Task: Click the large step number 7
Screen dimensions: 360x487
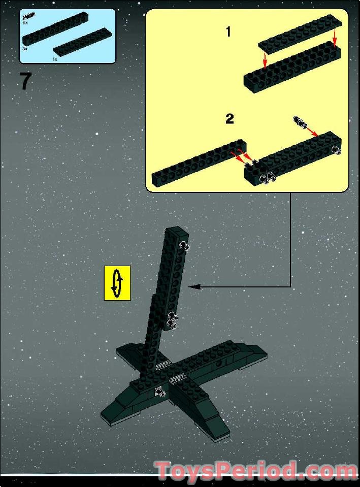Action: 26,81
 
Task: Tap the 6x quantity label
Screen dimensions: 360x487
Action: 25,23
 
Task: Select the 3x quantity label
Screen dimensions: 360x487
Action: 25,49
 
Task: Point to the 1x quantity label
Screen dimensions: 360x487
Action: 55,59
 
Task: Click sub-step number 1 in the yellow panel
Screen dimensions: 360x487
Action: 228,31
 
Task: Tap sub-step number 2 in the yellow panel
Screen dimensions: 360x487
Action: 230,119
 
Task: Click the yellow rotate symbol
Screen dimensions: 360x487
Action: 117,283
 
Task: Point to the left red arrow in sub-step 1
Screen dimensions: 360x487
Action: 265,60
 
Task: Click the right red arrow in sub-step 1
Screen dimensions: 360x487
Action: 335,37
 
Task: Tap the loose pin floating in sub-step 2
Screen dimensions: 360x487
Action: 300,121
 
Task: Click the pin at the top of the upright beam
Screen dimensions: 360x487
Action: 185,246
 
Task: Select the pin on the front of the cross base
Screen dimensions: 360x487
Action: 160,392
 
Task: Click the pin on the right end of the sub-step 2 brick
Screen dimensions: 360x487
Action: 336,150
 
